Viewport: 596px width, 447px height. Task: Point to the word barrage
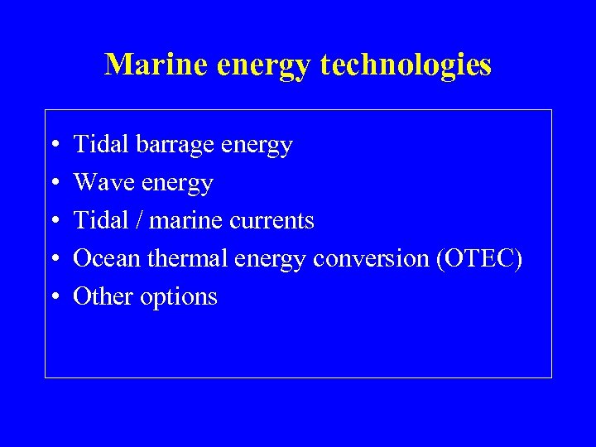[x=178, y=146]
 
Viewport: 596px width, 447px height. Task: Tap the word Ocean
[x=107, y=258]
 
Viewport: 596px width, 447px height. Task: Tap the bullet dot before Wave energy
[x=53, y=183]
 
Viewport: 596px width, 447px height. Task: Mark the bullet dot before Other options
[x=53, y=297]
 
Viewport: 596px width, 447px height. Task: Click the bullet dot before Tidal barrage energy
[x=53, y=145]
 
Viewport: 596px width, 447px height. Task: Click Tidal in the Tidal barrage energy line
[x=97, y=145]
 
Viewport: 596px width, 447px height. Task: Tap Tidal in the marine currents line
[x=97, y=220]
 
